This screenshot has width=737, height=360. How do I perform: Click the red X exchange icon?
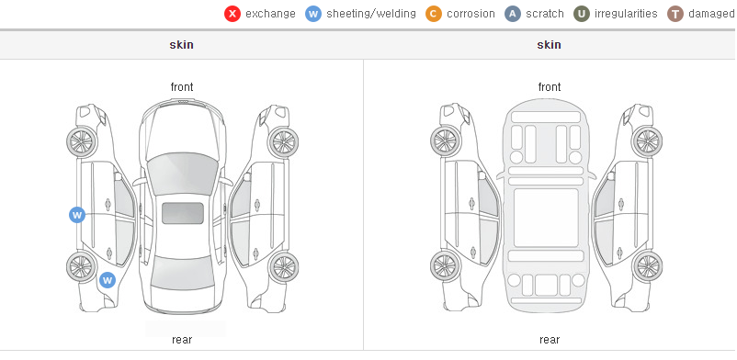[x=232, y=14]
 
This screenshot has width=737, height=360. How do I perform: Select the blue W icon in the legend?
[x=313, y=14]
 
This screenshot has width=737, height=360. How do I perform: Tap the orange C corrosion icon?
[x=434, y=14]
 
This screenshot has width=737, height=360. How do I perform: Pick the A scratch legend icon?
[x=513, y=14]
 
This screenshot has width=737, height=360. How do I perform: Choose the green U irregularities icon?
[x=582, y=14]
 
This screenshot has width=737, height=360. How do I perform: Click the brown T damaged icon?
[x=675, y=14]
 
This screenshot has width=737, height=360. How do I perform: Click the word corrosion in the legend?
[x=471, y=14]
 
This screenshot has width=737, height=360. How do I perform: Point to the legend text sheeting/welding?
[x=371, y=14]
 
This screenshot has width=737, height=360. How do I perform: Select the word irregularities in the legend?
[x=626, y=14]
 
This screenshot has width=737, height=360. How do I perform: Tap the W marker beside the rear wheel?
[x=108, y=281]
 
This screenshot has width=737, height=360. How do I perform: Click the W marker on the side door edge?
[x=77, y=215]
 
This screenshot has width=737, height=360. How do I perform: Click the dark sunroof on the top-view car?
[x=183, y=213]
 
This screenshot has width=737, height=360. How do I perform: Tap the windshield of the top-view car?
[x=182, y=174]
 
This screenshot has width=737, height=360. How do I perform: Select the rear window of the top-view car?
[x=182, y=273]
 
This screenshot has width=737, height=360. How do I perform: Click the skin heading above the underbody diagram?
[x=549, y=45]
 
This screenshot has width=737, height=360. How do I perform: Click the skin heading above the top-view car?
[x=181, y=45]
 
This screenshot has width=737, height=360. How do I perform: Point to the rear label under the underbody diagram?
[x=549, y=340]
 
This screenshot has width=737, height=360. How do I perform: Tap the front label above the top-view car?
[x=181, y=87]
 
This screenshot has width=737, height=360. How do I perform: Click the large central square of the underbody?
[x=546, y=218]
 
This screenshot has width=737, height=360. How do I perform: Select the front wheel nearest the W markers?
[x=82, y=141]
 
